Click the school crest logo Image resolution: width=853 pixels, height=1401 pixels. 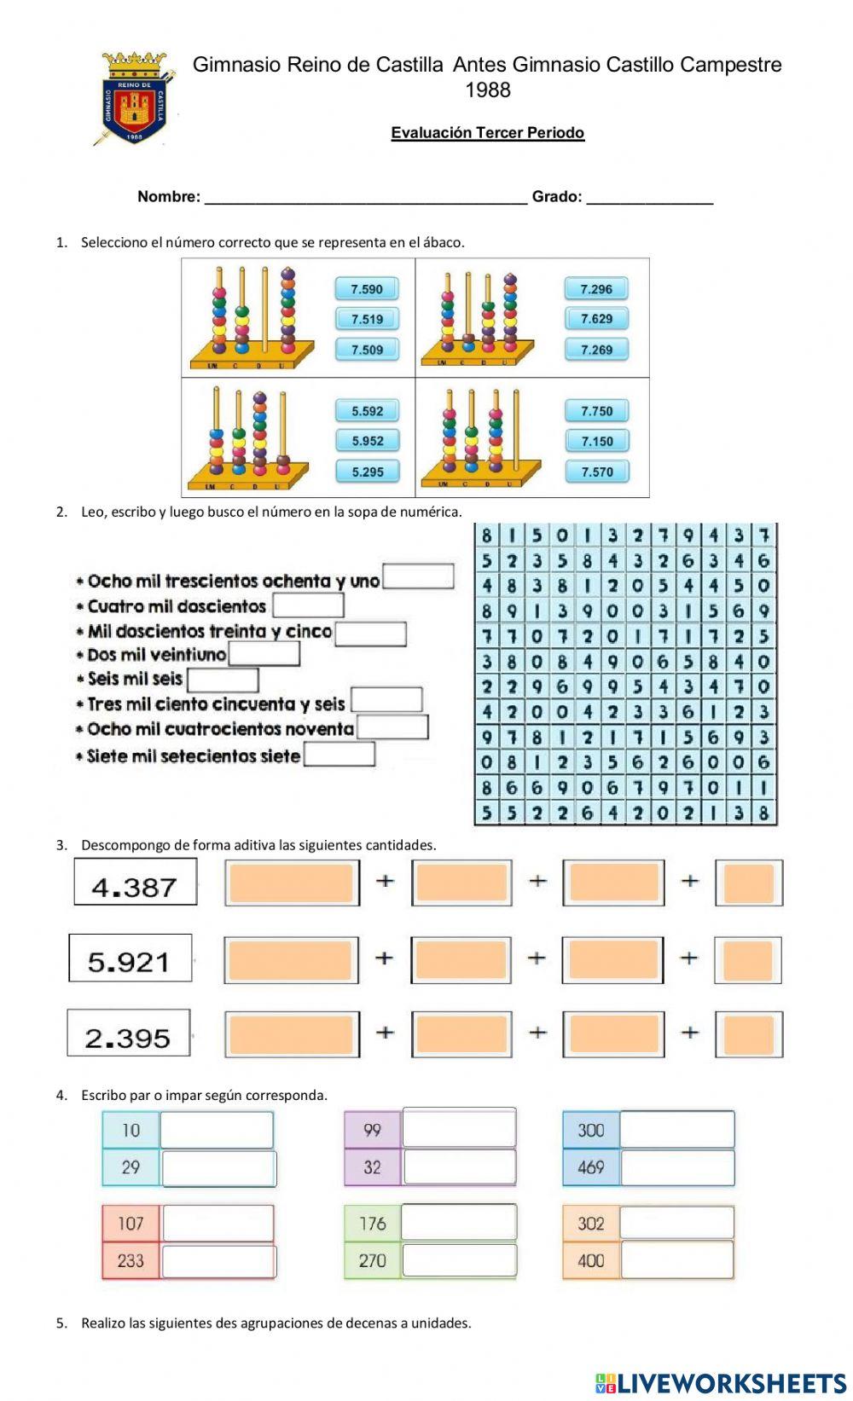[x=136, y=98]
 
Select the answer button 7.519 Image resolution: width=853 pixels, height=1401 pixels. [x=367, y=319]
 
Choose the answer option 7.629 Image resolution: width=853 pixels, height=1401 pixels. [x=596, y=319]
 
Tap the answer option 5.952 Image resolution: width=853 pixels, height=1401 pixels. [x=367, y=441]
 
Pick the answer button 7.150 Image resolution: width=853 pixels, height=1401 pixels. [x=596, y=441]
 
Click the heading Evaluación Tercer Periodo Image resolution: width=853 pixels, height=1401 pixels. [x=487, y=132]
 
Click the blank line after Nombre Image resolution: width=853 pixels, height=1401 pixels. [x=366, y=196]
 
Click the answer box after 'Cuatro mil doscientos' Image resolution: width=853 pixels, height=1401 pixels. [x=308, y=605]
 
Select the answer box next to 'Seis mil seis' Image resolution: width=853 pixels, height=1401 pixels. [x=223, y=680]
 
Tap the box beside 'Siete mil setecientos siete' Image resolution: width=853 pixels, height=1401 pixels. [x=339, y=755]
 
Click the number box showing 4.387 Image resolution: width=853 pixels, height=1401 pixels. [x=135, y=882]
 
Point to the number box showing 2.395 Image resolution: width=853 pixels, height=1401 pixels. [x=129, y=1033]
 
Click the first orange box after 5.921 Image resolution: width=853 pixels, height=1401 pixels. [x=291, y=959]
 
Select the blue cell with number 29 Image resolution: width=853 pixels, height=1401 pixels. [x=131, y=1167]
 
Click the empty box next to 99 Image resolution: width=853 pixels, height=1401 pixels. [x=459, y=1128]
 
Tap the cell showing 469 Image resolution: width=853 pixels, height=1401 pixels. [x=590, y=1167]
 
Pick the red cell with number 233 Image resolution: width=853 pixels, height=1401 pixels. [x=131, y=1260]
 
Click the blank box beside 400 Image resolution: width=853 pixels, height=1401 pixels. [x=676, y=1259]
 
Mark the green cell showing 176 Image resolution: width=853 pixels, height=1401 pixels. [x=372, y=1224]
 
